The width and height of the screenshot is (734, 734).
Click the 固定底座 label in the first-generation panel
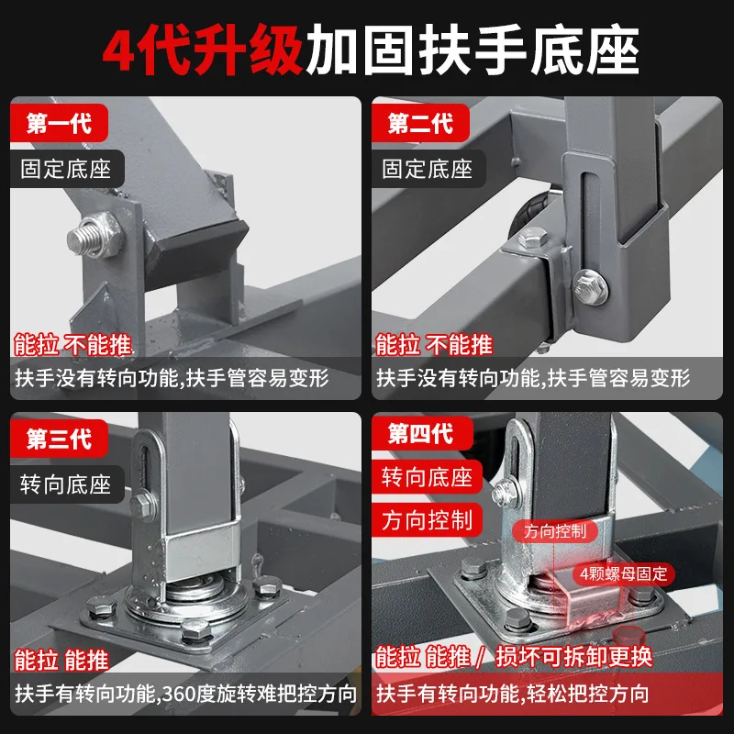click(66, 170)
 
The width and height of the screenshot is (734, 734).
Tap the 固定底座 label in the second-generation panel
click(427, 170)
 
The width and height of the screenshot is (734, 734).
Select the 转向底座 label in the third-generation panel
click(66, 484)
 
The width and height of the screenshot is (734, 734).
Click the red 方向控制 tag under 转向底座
click(427, 520)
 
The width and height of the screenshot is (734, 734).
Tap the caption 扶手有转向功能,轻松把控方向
click(513, 695)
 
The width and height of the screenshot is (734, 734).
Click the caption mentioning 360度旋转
click(183, 695)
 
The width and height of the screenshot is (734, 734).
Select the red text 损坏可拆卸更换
click(588, 657)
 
